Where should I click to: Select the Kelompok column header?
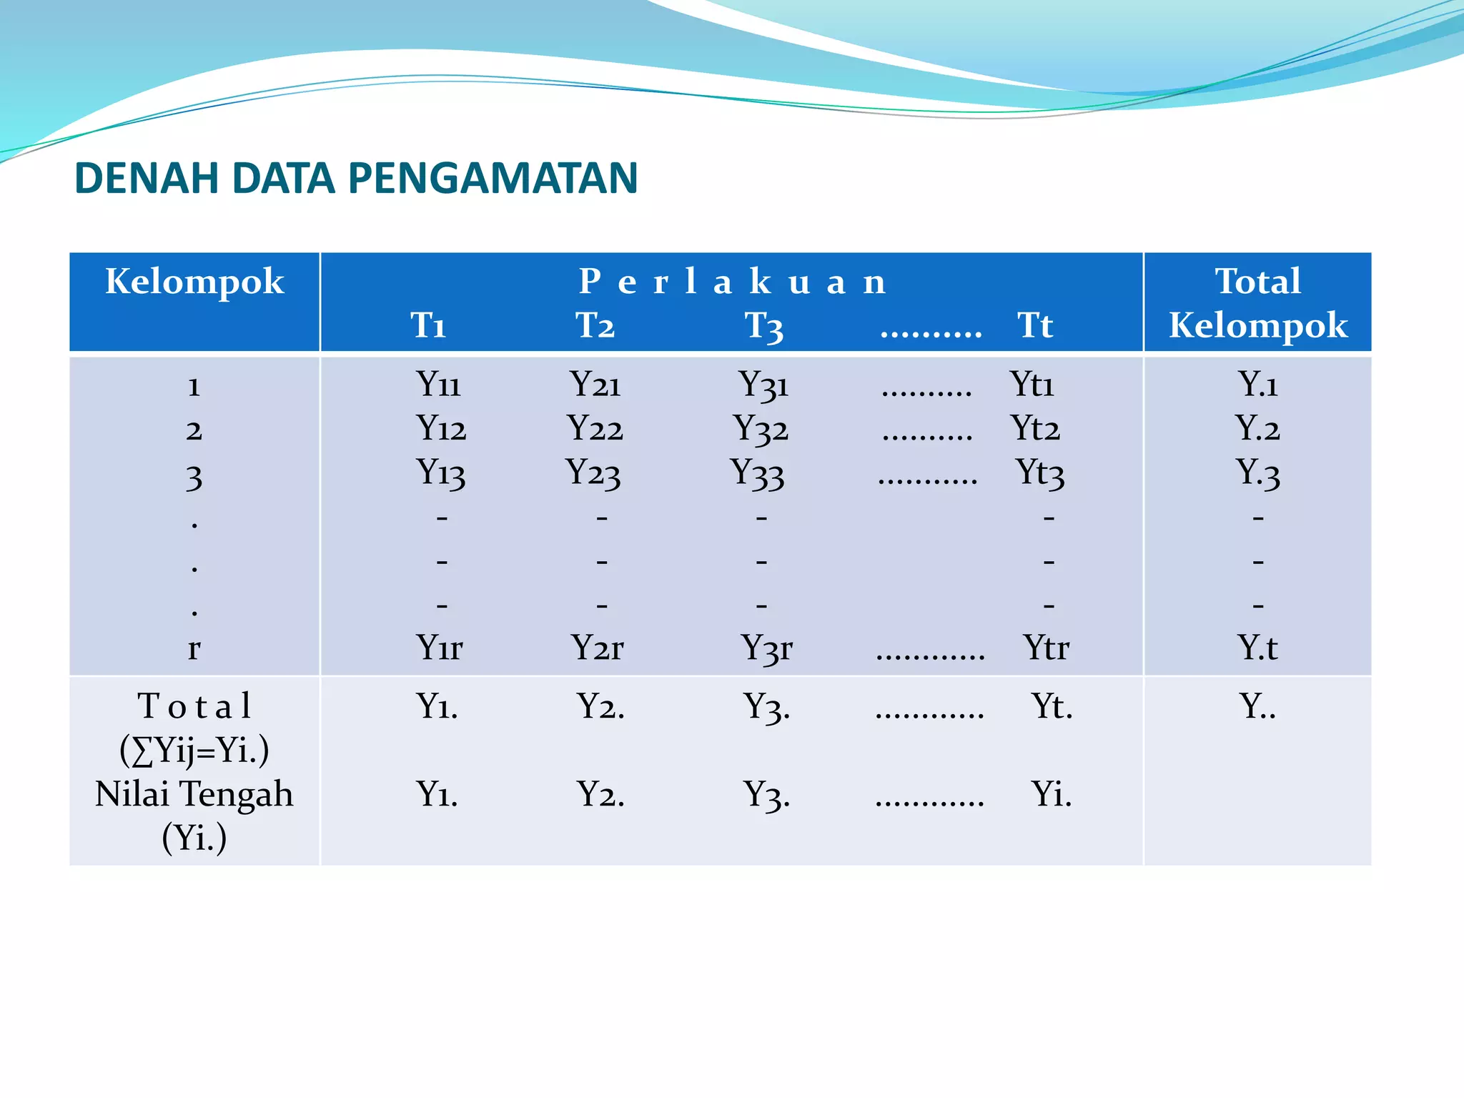194,281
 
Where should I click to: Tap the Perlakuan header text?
732,282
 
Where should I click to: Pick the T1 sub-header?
428,325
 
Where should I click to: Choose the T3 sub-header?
763,326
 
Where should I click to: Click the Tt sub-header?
1035,325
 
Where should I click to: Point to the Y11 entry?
438,384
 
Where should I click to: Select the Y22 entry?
595,429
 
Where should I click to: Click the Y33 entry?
757,473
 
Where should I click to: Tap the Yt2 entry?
1035,429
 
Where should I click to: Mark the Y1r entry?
440,648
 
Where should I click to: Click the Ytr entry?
1046,648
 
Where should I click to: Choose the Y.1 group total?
1257,384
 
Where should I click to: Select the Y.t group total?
1257,648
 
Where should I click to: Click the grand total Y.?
1257,706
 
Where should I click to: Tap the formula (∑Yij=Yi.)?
194,751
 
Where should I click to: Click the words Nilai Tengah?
194,794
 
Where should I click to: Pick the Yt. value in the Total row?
1052,706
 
